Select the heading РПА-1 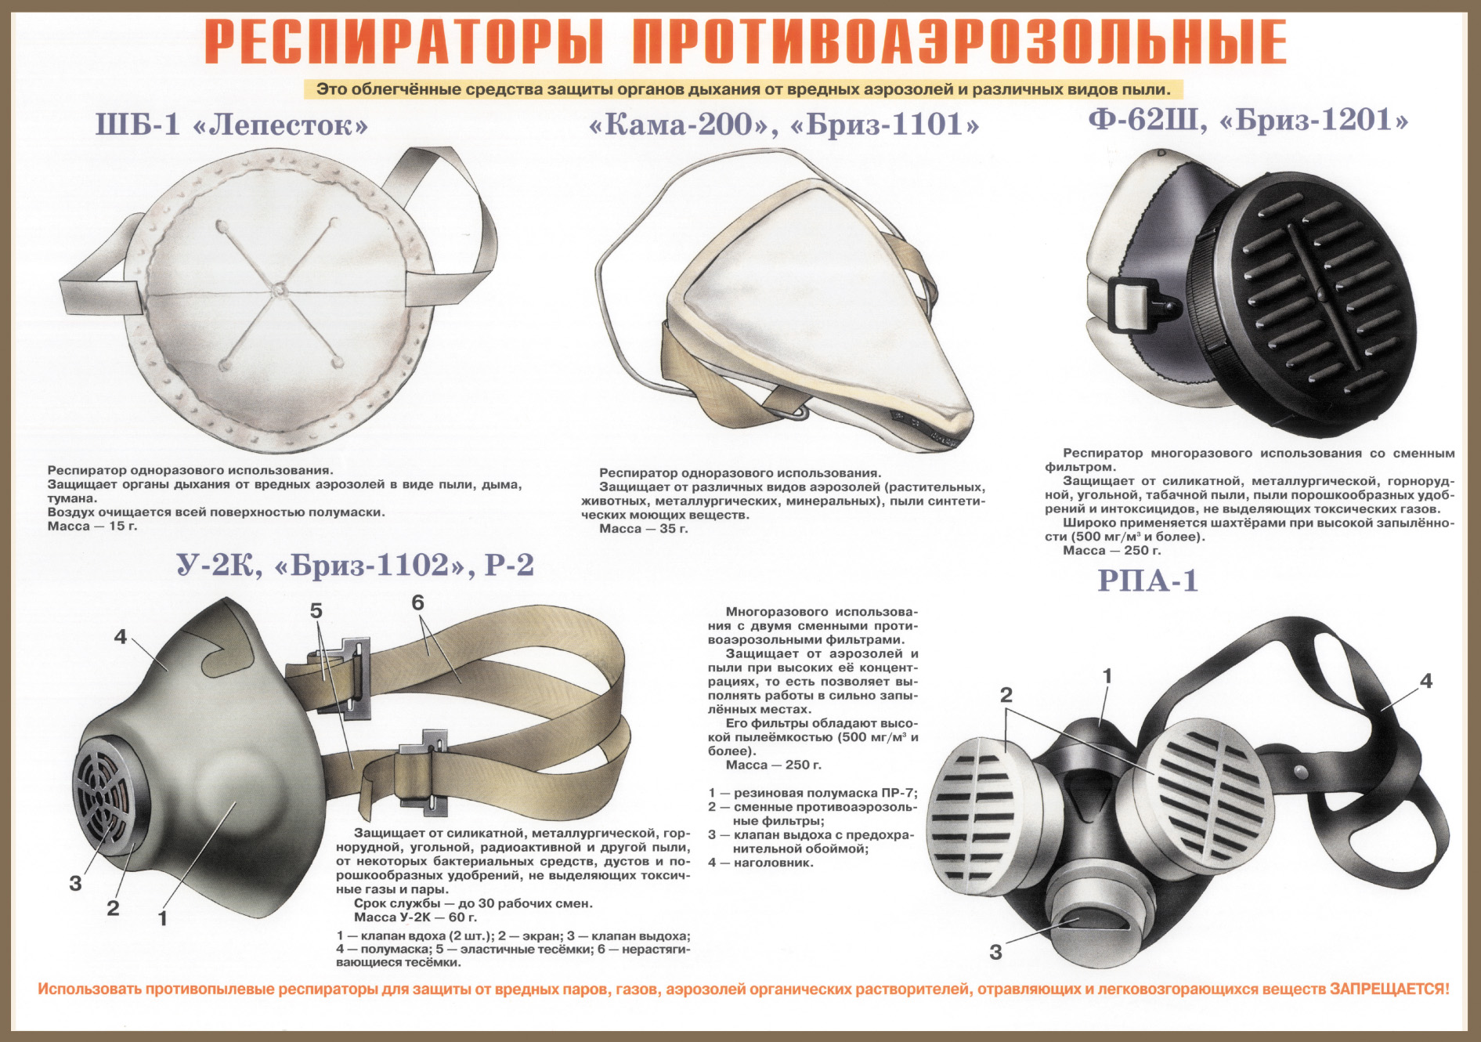click(x=1147, y=581)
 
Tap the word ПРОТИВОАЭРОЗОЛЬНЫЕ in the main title click(x=959, y=42)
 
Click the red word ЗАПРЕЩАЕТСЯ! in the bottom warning click(x=1389, y=990)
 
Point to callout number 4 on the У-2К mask click(x=120, y=637)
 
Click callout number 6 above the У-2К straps click(x=417, y=602)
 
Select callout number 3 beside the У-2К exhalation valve click(x=75, y=884)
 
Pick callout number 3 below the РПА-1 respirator click(x=995, y=953)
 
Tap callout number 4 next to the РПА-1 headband click(x=1426, y=682)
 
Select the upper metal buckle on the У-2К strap click(x=352, y=677)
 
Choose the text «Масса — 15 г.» click(x=92, y=526)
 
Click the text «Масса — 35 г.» click(x=643, y=529)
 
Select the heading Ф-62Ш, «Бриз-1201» click(x=1248, y=121)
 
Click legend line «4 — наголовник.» click(x=760, y=863)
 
